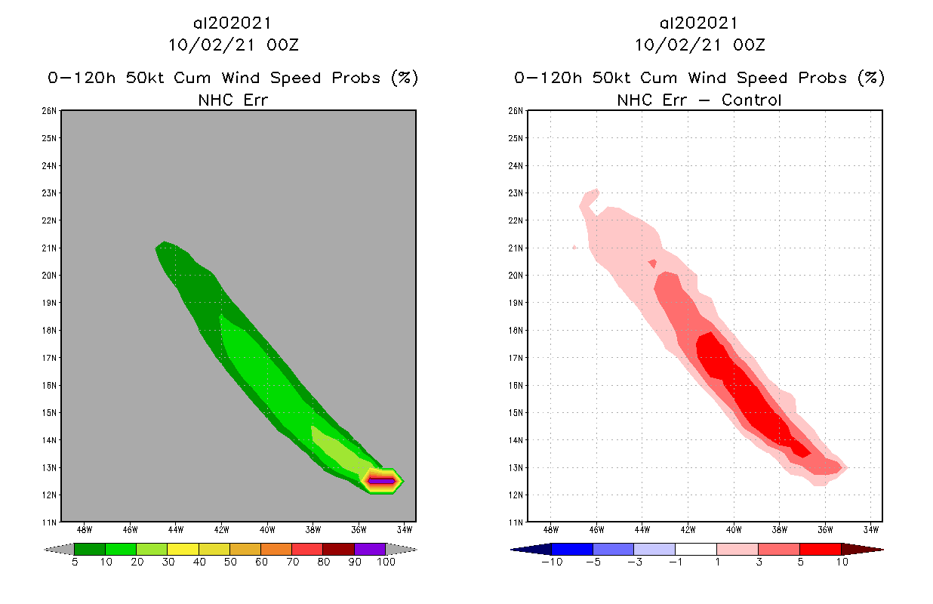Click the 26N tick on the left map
click(x=50, y=111)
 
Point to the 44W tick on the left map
click(x=176, y=528)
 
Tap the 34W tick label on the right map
click(x=870, y=528)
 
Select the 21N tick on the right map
click(x=516, y=248)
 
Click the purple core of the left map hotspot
click(x=382, y=480)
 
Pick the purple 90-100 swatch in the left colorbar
click(x=369, y=549)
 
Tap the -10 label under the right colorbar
click(x=552, y=562)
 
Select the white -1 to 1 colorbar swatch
click(x=695, y=549)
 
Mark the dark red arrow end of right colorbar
click(x=861, y=549)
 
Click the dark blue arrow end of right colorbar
click(x=531, y=549)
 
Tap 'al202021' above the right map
click(x=700, y=23)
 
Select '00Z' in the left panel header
click(x=283, y=45)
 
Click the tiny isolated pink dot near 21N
click(x=575, y=247)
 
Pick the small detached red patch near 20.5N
click(x=652, y=263)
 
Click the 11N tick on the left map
click(x=50, y=522)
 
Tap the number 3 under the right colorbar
click(x=757, y=562)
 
